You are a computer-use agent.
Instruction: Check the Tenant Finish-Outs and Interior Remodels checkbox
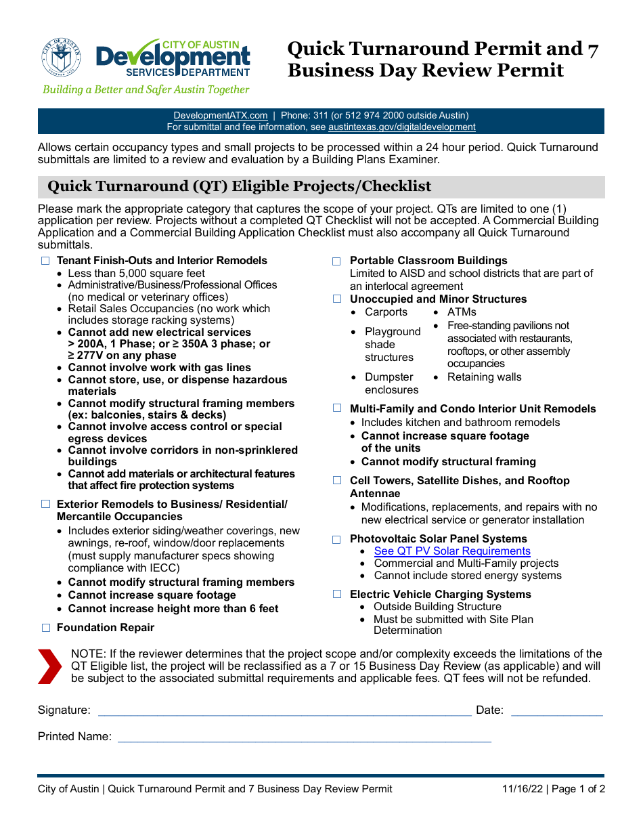[x=46, y=261]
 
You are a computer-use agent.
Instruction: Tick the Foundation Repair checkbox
[x=46, y=628]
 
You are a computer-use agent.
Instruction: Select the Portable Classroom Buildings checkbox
[x=336, y=261]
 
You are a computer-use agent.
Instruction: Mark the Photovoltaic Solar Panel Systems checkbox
[x=336, y=540]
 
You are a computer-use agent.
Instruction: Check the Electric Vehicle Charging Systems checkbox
[x=336, y=595]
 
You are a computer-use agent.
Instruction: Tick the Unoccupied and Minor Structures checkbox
[x=336, y=299]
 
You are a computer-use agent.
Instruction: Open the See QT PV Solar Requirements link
[x=452, y=551]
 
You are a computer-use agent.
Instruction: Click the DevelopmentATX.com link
[x=221, y=116]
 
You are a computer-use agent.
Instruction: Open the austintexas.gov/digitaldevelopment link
[x=402, y=127]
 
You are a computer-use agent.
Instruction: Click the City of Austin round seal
[x=61, y=58]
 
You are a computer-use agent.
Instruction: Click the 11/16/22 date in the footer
[x=523, y=789]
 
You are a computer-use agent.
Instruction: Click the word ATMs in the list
[x=462, y=312]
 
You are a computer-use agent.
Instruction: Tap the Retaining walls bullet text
[x=484, y=377]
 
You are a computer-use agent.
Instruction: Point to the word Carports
[x=386, y=312]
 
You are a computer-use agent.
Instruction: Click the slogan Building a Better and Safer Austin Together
[x=146, y=89]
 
